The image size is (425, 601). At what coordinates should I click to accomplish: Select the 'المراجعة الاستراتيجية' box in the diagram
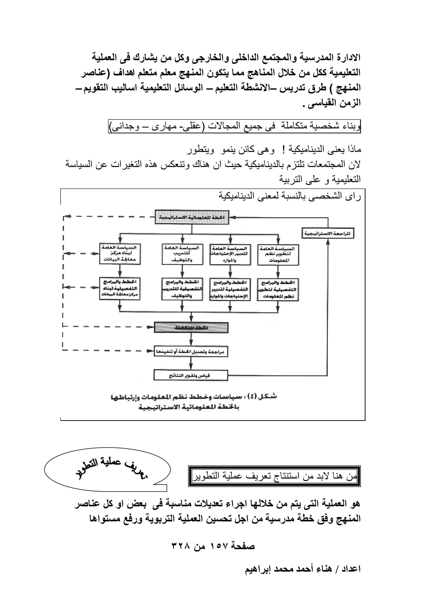coord(328,233)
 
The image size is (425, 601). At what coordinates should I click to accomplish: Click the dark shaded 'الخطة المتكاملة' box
coord(191,327)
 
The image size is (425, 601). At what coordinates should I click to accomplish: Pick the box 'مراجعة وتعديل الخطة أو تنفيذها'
coord(191,352)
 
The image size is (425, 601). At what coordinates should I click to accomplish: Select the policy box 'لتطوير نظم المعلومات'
coord(278,254)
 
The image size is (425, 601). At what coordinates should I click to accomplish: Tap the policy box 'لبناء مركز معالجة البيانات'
coord(120,254)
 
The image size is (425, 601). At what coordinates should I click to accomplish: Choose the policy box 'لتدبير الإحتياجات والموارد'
coord(230,254)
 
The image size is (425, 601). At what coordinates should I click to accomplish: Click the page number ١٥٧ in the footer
coord(217,546)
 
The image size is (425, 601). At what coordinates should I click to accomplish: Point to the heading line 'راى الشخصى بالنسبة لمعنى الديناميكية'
coord(289,196)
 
